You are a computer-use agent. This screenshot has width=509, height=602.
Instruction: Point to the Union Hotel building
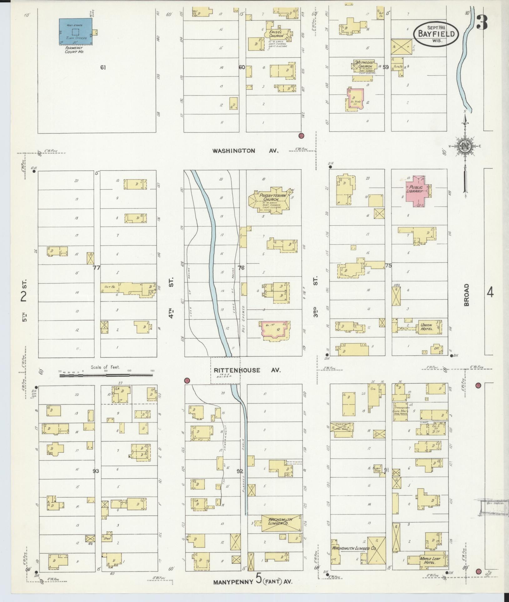pyautogui.click(x=427, y=327)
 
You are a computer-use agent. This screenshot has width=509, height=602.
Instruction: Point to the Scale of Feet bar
pyautogui.click(x=106, y=375)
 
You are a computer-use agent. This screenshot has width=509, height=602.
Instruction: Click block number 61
pyautogui.click(x=103, y=67)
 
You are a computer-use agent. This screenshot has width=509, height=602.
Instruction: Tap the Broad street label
pyautogui.click(x=467, y=295)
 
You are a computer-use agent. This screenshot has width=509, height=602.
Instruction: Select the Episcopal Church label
pyautogui.click(x=276, y=34)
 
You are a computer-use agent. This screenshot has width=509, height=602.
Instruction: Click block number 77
pyautogui.click(x=97, y=267)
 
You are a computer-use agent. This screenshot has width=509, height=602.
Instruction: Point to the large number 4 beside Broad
pyautogui.click(x=490, y=293)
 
